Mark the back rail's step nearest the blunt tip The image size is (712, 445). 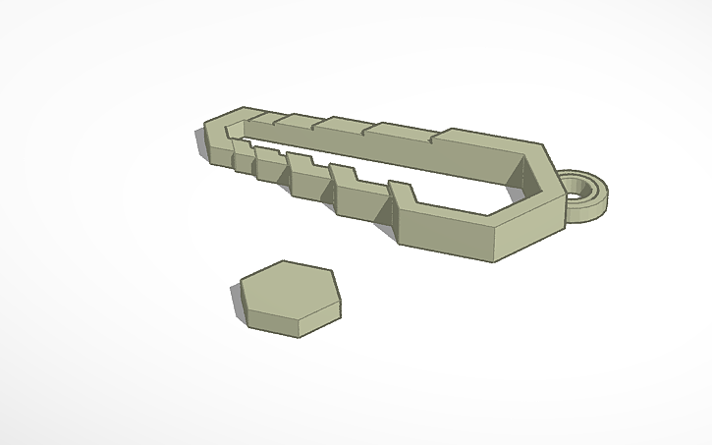click(x=257, y=115)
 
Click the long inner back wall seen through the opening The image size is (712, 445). click(x=393, y=157)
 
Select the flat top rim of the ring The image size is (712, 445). click(x=601, y=181)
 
